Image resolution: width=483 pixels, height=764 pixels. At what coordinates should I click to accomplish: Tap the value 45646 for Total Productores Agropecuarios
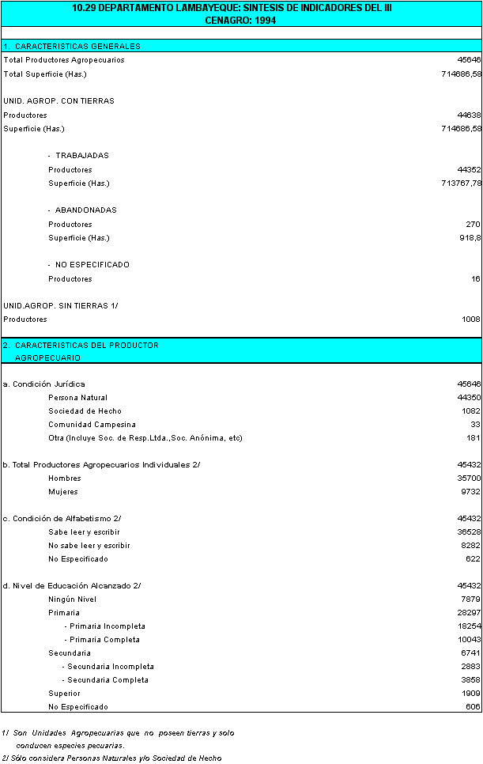(468, 60)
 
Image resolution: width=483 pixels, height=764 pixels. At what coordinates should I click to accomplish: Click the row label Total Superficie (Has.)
(45, 74)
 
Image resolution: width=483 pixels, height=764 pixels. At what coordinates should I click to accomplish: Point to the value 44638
(468, 115)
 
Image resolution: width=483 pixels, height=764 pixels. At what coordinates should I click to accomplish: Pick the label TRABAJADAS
(82, 156)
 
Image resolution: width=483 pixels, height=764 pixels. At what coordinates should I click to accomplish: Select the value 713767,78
(460, 183)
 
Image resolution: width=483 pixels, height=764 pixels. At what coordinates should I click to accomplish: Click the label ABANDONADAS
(85, 210)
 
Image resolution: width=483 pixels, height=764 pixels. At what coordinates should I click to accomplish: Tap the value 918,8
(470, 238)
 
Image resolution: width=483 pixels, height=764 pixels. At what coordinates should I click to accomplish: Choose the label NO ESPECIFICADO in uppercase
(92, 265)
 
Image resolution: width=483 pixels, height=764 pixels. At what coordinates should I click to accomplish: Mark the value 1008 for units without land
(470, 320)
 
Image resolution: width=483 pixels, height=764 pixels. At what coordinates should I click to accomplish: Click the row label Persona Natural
(77, 398)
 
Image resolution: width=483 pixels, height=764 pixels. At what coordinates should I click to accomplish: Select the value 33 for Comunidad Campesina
(475, 425)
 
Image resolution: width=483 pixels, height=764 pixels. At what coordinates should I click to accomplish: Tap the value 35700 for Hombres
(468, 478)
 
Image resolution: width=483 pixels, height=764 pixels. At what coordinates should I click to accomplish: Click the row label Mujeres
(63, 492)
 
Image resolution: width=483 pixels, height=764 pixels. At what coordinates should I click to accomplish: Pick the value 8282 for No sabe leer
(470, 546)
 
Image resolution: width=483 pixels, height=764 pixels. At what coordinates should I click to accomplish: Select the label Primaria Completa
(104, 640)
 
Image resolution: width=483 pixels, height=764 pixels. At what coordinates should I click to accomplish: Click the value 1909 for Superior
(470, 694)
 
